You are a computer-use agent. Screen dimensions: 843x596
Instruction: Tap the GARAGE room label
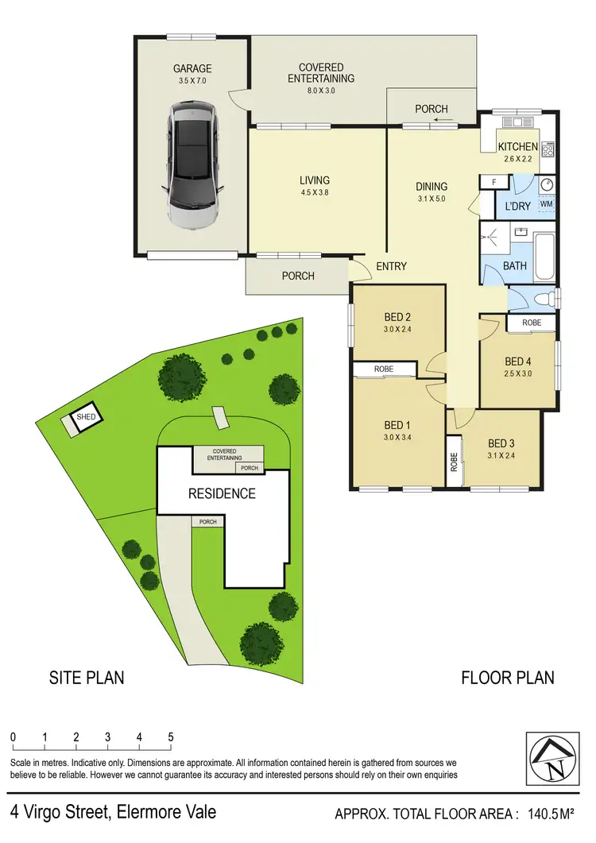[x=191, y=68]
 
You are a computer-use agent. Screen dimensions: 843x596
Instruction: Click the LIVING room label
[x=315, y=180]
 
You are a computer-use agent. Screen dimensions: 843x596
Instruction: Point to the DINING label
[x=432, y=188]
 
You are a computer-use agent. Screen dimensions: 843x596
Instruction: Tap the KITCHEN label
[x=517, y=147]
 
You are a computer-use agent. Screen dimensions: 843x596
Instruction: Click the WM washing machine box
[x=546, y=204]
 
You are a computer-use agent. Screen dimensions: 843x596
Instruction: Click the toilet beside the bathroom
[x=545, y=300]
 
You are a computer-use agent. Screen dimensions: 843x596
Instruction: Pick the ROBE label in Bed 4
[x=532, y=323]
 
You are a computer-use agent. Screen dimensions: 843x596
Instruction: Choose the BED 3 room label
[x=501, y=443]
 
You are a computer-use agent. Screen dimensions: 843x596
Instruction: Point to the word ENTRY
[x=390, y=266]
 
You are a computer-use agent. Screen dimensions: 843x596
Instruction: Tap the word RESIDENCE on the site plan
[x=222, y=493]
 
